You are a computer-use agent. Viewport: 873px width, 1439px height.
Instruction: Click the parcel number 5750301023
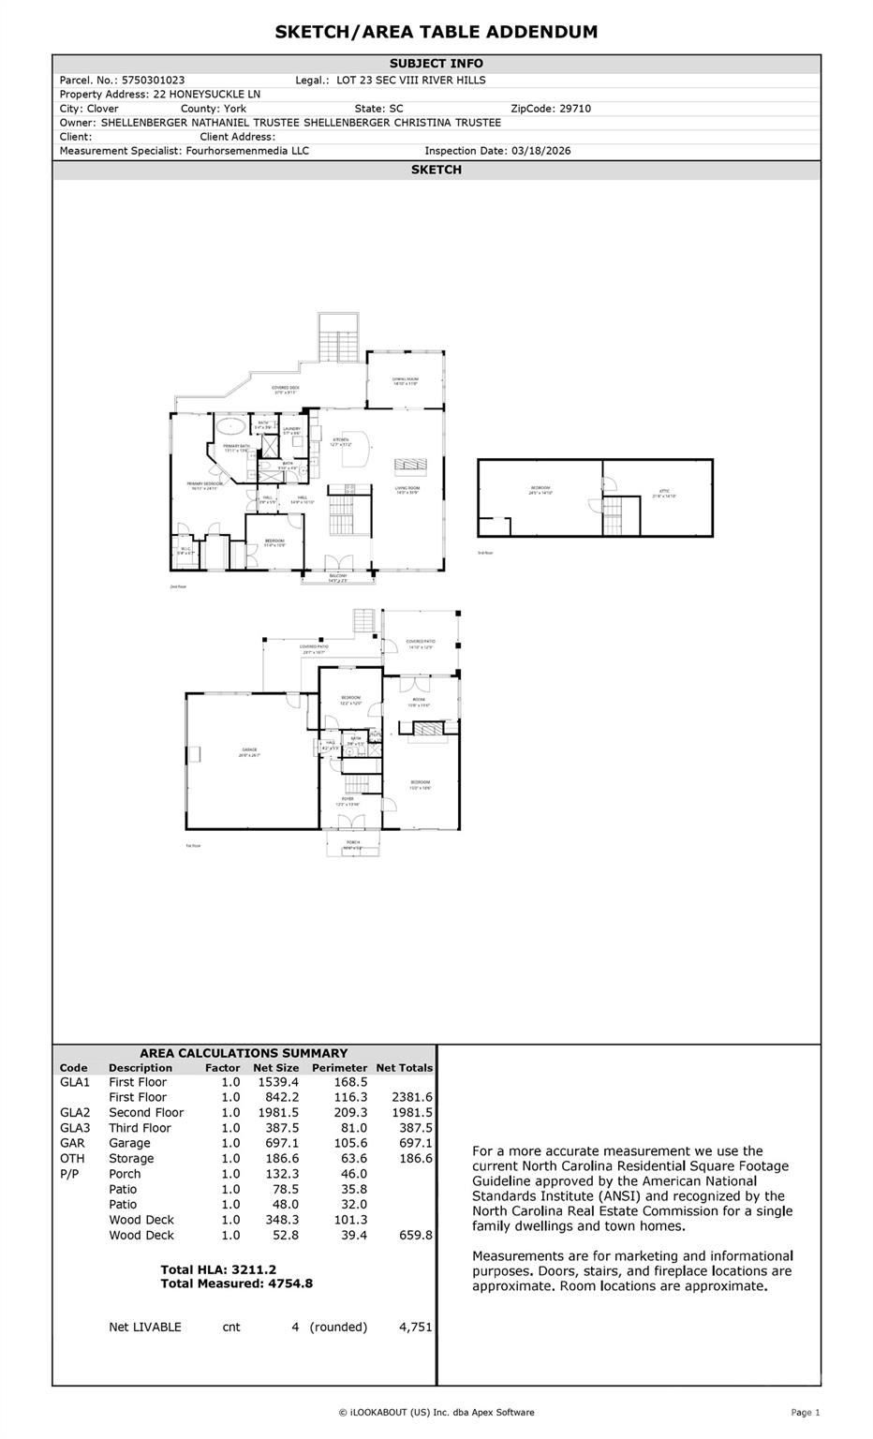pyautogui.click(x=153, y=81)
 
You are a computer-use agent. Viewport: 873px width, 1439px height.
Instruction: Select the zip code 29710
pyautogui.click(x=574, y=109)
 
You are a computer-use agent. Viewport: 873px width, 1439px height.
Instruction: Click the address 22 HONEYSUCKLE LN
pyautogui.click(x=206, y=95)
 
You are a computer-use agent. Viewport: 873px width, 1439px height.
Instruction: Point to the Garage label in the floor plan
pyautogui.click(x=248, y=749)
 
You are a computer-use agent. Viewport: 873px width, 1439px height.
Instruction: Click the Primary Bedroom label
pyautogui.click(x=204, y=484)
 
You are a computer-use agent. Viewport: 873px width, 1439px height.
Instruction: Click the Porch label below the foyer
pyautogui.click(x=353, y=843)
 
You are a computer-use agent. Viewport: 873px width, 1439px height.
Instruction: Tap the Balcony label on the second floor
pyautogui.click(x=336, y=577)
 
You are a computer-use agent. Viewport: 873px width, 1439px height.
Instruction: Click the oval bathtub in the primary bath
pyautogui.click(x=229, y=427)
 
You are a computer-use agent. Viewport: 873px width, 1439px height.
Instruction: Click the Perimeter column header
pyautogui.click(x=339, y=1067)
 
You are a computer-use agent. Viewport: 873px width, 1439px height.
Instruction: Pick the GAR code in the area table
pyautogui.click(x=72, y=1143)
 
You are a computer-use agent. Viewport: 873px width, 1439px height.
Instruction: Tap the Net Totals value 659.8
pyautogui.click(x=415, y=1236)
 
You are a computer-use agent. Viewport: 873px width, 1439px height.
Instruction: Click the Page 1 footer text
pyautogui.click(x=805, y=1413)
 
